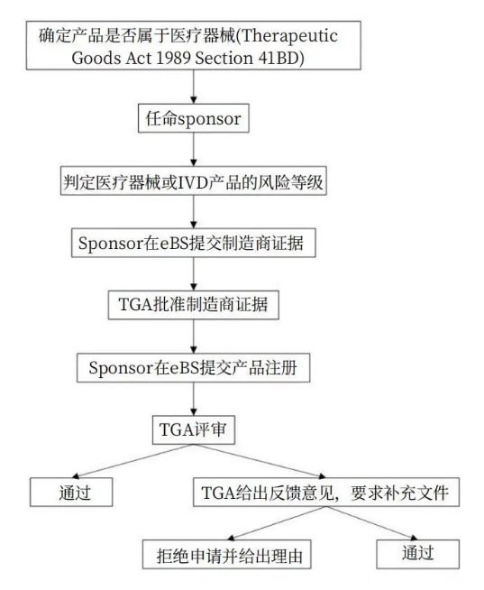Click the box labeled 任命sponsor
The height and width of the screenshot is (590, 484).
193,118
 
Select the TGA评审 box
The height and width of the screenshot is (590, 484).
193,429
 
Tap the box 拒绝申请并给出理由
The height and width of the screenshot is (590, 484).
227,555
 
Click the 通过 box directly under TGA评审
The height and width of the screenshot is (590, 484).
71,493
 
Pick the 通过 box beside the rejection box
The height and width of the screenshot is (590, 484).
418,554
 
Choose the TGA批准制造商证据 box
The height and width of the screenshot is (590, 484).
193,305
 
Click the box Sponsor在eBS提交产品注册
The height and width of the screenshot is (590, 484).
193,367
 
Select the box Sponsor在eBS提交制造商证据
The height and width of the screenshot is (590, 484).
193,243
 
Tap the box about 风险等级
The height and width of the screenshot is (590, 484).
193,180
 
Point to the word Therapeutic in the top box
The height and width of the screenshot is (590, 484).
289,36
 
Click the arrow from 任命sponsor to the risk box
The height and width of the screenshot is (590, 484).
193,150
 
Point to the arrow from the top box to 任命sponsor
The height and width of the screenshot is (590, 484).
193,87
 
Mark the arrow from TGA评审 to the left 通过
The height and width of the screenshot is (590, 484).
132,461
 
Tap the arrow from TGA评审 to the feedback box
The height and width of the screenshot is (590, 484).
260,461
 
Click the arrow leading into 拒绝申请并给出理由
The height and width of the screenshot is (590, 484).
277,523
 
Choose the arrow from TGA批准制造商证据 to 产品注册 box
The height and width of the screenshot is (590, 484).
193,336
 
